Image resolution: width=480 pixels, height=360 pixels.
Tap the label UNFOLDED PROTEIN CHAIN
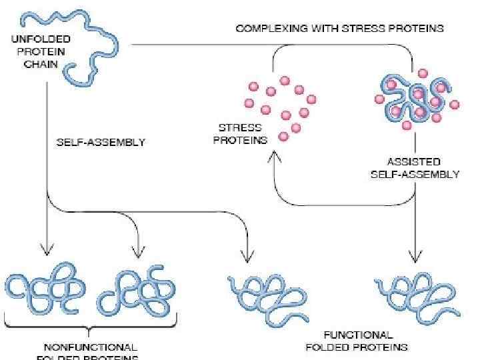tap(41, 51)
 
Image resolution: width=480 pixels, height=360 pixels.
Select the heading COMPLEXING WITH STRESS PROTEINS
tap(339, 29)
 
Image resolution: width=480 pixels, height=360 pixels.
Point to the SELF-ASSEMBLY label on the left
tap(101, 141)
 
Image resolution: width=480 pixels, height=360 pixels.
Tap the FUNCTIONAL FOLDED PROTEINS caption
tap(357, 341)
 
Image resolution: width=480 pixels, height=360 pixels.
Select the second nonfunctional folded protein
tap(137, 290)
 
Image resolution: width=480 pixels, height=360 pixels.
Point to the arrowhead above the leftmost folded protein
tap(46, 251)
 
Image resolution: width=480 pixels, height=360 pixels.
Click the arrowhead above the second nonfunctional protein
tap(138, 252)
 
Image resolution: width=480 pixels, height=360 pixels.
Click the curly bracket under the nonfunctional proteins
tap(90, 327)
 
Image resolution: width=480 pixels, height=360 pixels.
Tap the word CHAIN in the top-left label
tap(41, 65)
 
